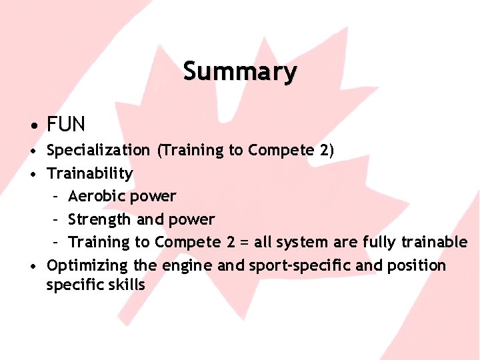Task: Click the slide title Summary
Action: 240,71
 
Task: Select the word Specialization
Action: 99,150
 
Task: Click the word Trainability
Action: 90,173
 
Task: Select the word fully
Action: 384,242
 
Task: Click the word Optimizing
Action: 87,265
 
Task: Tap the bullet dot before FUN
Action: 33,125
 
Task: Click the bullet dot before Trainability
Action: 33,174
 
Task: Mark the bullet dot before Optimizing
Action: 33,266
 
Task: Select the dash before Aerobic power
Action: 57,197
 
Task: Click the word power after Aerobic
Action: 153,196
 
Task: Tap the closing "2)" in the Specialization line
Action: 327,150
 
